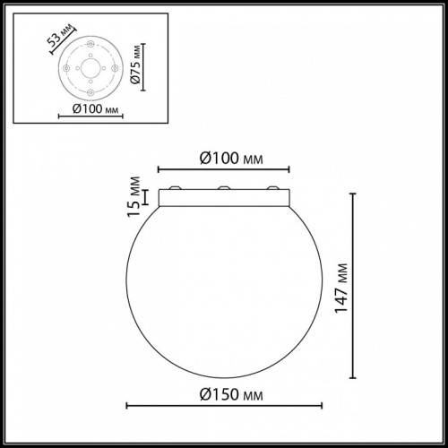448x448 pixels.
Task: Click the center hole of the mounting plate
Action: point(89,71)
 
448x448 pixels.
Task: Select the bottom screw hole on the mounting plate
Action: point(89,90)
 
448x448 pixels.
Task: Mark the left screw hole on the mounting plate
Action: point(69,71)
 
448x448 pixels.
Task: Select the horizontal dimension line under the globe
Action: point(224,406)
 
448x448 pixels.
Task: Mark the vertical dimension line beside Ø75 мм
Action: point(143,70)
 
